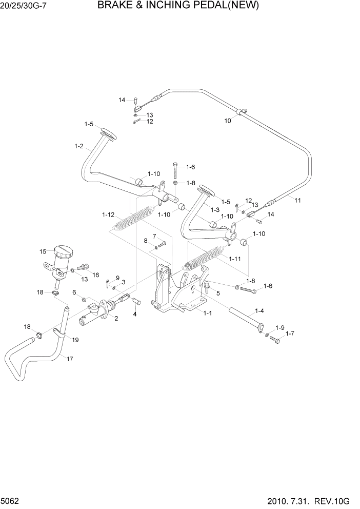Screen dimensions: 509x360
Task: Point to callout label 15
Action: pyautogui.click(x=43, y=251)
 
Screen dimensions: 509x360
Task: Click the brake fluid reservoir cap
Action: pyautogui.click(x=64, y=251)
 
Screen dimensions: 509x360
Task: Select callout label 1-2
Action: pyautogui.click(x=78, y=146)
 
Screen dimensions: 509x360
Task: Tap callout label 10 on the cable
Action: pyautogui.click(x=228, y=121)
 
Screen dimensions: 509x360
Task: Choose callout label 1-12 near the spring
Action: pyautogui.click(x=108, y=214)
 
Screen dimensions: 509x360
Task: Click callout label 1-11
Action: pyautogui.click(x=235, y=259)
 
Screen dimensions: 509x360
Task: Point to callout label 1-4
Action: pyautogui.click(x=259, y=311)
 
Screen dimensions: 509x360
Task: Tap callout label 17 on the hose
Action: pyautogui.click(x=70, y=359)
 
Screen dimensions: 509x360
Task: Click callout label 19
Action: pyautogui.click(x=75, y=340)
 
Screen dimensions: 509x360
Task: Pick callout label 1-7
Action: pyautogui.click(x=290, y=334)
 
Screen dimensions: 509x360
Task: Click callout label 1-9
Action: pyautogui.click(x=279, y=327)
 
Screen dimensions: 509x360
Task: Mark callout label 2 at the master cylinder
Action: pyautogui.click(x=116, y=318)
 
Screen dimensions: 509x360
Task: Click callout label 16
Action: pyautogui.click(x=95, y=276)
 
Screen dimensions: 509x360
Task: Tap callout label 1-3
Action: pyautogui.click(x=215, y=210)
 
